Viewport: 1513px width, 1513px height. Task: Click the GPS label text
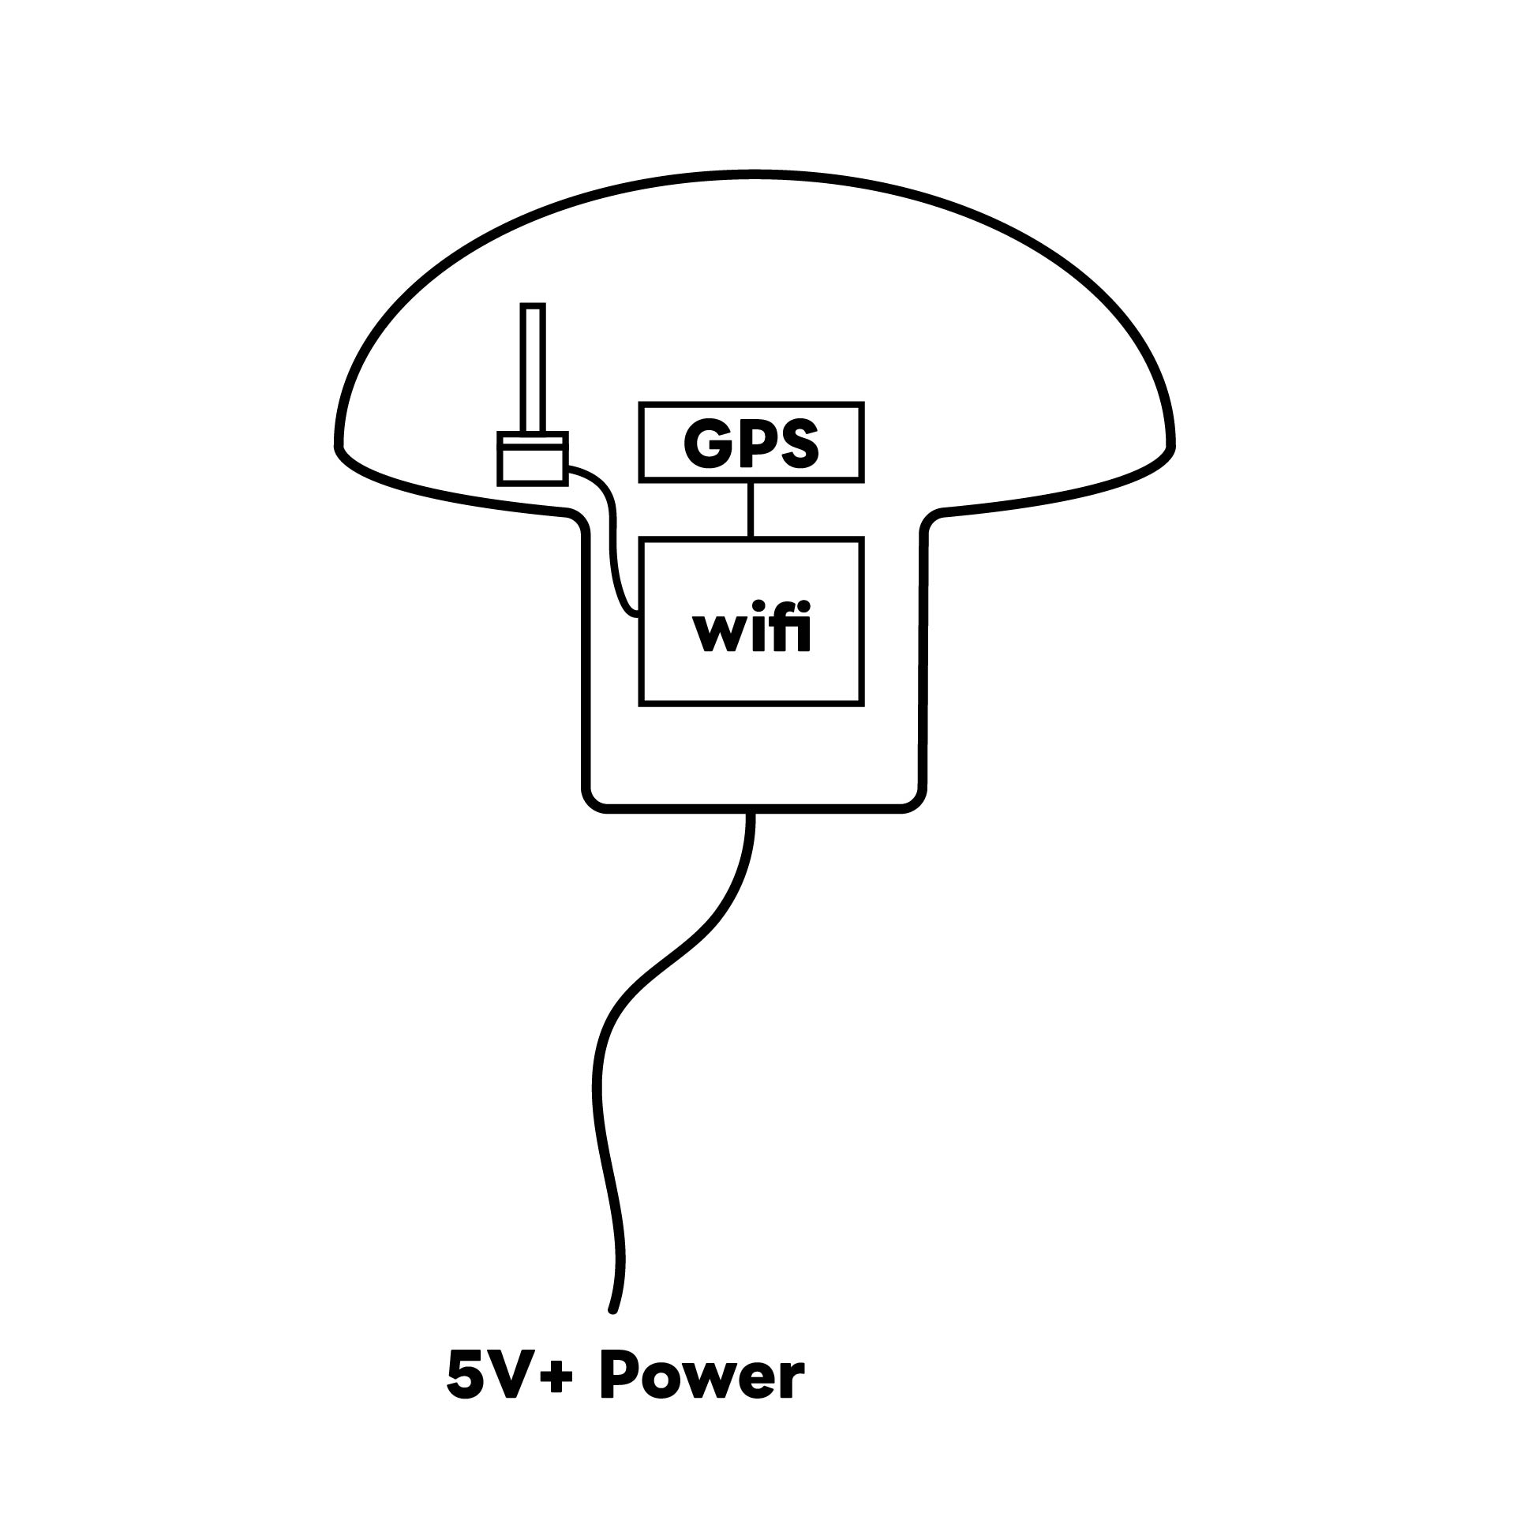751,443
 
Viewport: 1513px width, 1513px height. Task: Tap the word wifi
751,629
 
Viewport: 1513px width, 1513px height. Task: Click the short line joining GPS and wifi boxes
751,509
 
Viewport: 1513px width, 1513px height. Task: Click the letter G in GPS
706,443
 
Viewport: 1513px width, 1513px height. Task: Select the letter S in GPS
797,443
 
